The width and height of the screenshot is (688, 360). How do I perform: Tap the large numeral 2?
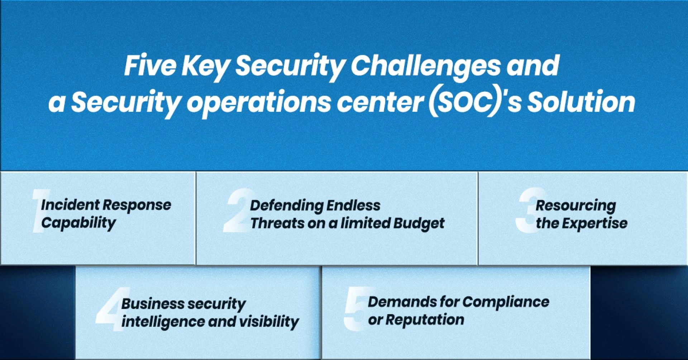[236, 212]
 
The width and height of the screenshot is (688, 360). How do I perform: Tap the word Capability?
[78, 223]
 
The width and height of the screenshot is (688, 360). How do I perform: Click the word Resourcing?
[575, 206]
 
